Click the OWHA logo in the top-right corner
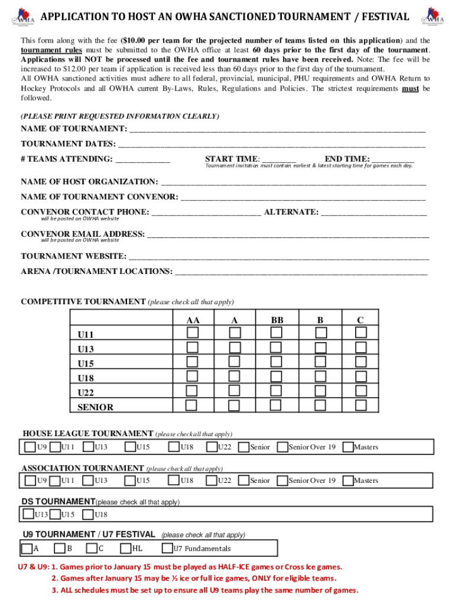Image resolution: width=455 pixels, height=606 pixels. pos(433,16)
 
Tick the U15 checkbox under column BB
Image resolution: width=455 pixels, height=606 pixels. pos(276,362)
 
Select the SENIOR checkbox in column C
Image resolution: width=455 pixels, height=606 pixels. pos(360,405)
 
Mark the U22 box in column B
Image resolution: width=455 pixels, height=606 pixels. pos(320,391)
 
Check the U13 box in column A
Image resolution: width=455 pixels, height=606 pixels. pos(235,347)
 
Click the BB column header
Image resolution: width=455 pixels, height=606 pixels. pos(277,320)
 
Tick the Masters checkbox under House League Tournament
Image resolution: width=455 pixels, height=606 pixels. pos(348,447)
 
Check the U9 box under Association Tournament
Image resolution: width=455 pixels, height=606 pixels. pos(30,481)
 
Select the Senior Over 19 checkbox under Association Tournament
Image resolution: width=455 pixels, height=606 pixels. pos(282,481)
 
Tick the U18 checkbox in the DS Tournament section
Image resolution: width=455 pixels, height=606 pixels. pos(88,514)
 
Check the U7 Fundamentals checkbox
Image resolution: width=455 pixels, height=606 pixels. pos(167,548)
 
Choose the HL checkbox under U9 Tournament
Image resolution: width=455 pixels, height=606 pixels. pos(125,548)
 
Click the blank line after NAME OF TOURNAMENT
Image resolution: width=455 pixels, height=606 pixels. pos(277,129)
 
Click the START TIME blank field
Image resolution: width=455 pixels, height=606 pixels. pos(279,159)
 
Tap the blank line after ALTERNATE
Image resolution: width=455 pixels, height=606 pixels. pos(373,212)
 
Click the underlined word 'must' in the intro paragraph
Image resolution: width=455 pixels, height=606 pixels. pos(410,89)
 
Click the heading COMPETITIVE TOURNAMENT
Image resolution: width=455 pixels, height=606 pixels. pos(83,302)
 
